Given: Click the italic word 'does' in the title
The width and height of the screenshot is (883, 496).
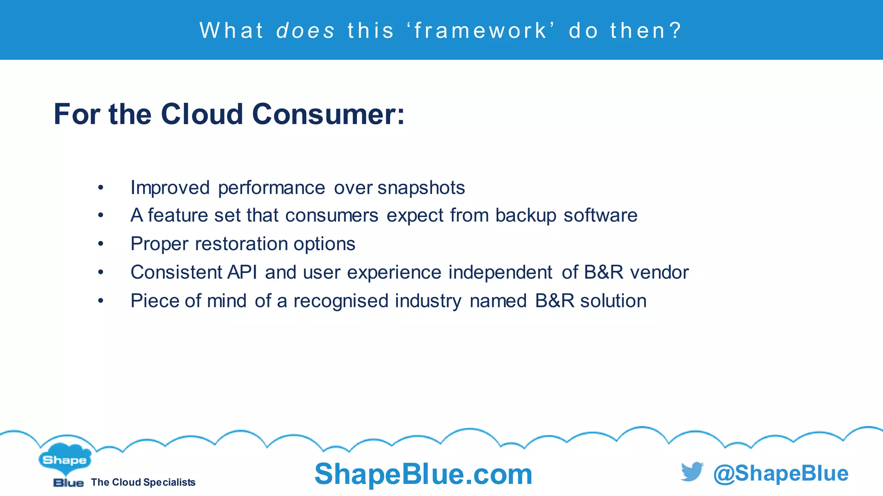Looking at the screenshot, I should (x=305, y=31).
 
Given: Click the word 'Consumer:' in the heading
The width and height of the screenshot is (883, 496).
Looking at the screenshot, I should (x=328, y=115).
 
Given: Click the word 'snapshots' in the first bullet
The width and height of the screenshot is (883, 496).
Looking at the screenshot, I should (x=421, y=188).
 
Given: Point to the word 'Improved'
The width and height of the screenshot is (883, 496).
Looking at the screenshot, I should (x=170, y=188).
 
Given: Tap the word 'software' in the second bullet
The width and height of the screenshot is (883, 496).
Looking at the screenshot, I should (x=600, y=216).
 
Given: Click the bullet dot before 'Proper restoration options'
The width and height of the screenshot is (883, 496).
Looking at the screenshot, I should (x=100, y=244).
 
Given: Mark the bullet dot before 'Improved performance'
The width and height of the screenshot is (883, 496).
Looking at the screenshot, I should (x=100, y=188).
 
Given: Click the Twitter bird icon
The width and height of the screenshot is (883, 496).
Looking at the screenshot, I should (x=692, y=472).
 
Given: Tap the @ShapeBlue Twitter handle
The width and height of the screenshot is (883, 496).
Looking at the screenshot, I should (x=780, y=473).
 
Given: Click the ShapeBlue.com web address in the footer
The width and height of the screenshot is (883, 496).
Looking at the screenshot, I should (x=423, y=474).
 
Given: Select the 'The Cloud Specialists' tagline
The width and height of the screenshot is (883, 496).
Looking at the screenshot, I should (x=143, y=482).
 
